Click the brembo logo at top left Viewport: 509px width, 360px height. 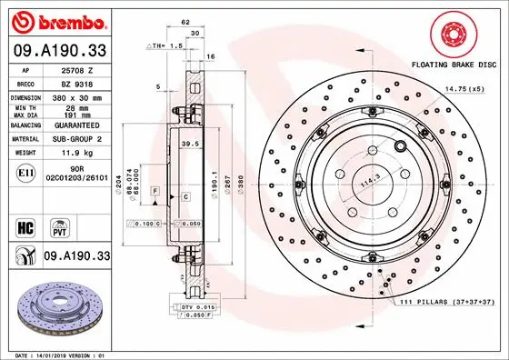56,18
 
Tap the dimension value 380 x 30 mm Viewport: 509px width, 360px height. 78,96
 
